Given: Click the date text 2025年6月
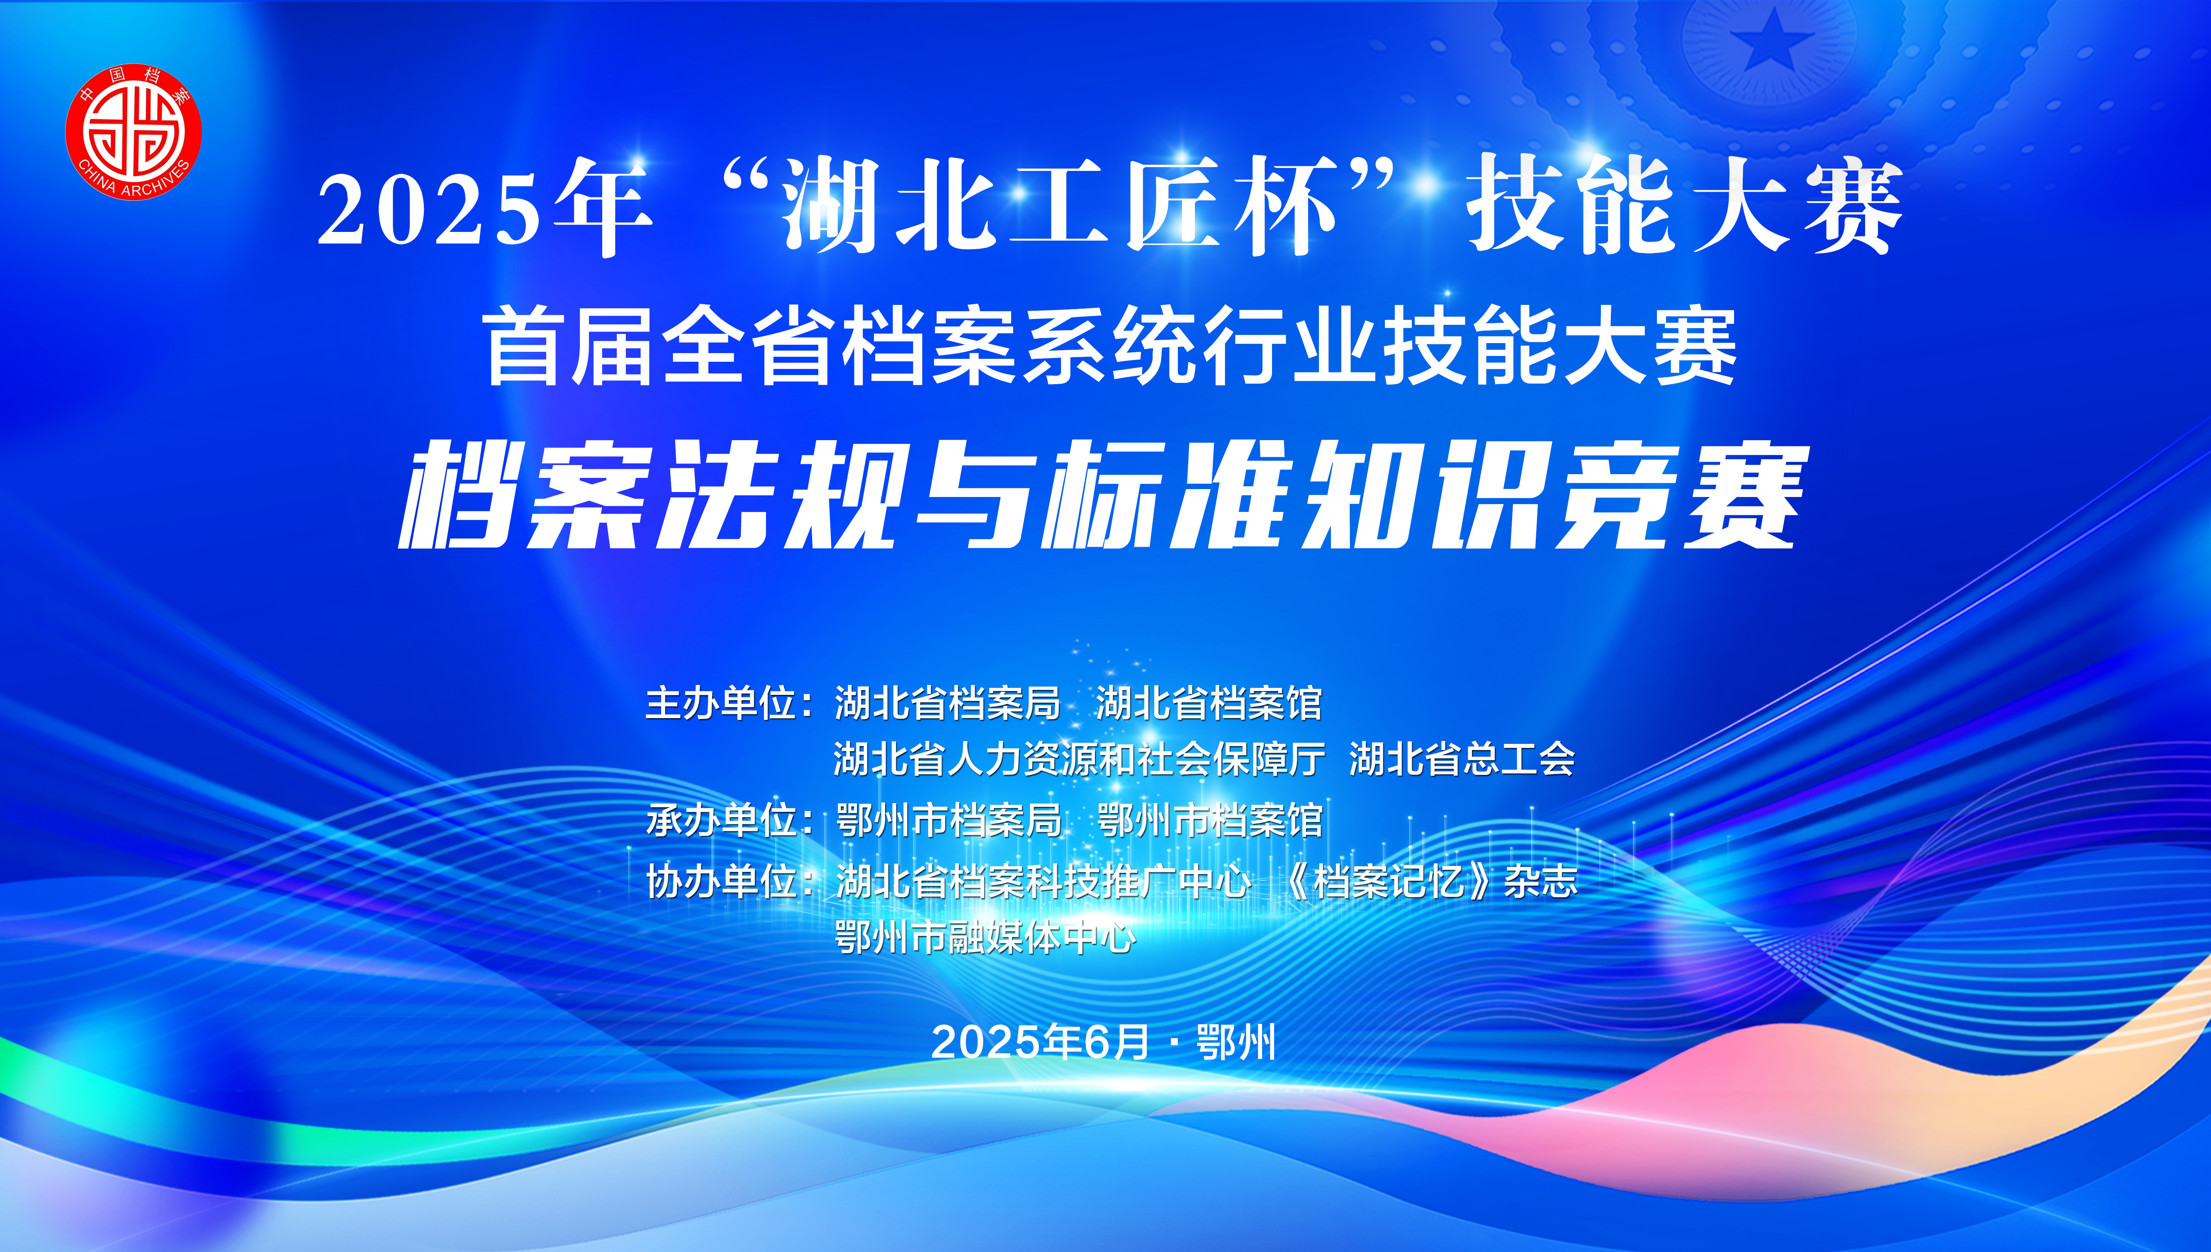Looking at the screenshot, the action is pyautogui.click(x=1040, y=1042).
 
